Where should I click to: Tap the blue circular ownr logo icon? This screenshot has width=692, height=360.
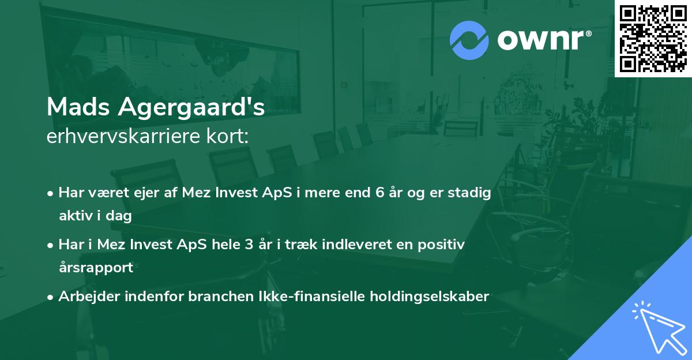tap(469, 40)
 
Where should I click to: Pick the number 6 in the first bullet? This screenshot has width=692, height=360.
tap(379, 193)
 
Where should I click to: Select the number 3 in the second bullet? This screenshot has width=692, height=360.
tap(249, 245)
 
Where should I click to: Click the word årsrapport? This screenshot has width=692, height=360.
tap(96, 268)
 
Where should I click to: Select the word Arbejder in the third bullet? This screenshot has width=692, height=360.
tap(84, 297)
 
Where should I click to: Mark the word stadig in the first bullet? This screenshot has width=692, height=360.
tap(472, 193)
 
